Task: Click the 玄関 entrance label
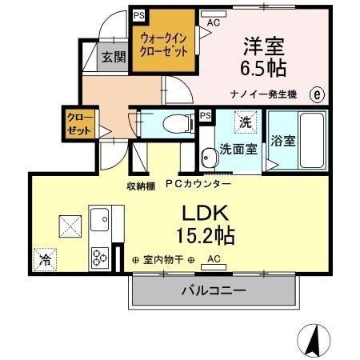(x=112, y=57)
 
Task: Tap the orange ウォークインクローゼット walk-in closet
(x=163, y=43)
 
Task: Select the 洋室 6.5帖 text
(x=262, y=54)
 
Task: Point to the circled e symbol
(x=318, y=94)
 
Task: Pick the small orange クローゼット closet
(x=80, y=126)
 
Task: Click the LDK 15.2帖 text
(x=209, y=223)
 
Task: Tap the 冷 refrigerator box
(x=45, y=259)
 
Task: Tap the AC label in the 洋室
(x=213, y=22)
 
